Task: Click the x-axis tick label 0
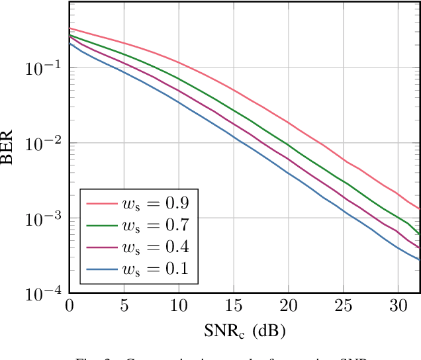click(x=70, y=306)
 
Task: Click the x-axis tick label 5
click(x=124, y=306)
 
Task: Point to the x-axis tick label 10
click(x=178, y=306)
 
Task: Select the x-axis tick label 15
click(x=233, y=306)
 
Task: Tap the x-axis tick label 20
click(x=287, y=306)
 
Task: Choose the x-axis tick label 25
click(x=342, y=306)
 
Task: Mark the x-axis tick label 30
click(x=397, y=306)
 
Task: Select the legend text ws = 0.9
click(x=157, y=202)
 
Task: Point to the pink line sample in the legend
click(x=101, y=202)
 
